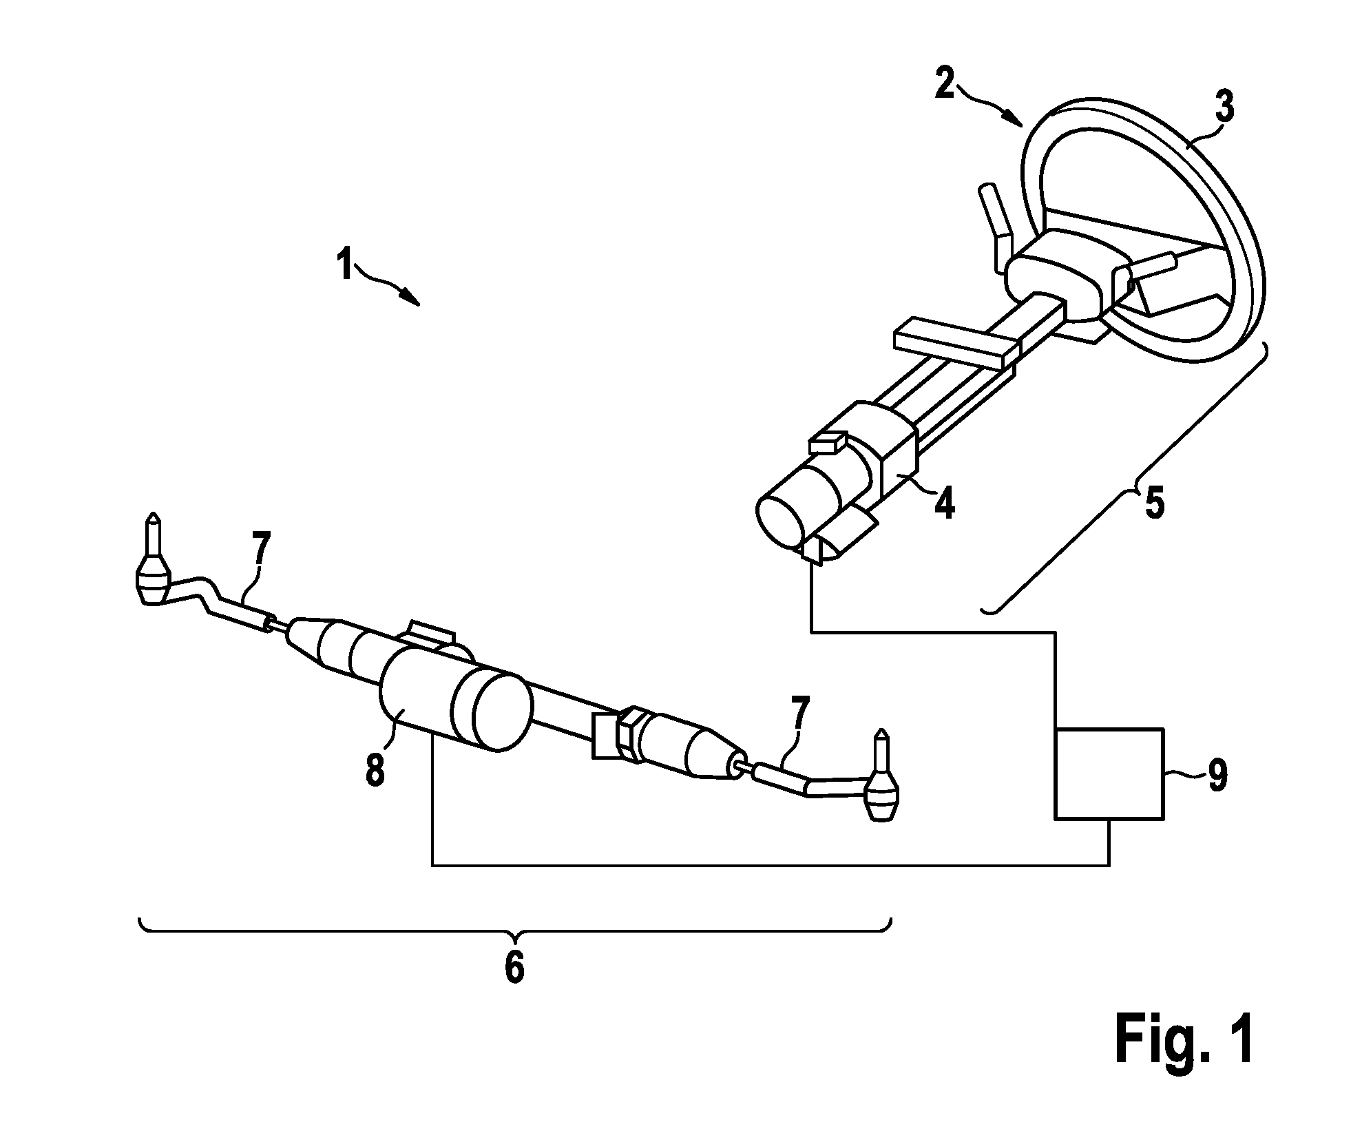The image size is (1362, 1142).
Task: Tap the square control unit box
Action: click(1109, 774)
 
